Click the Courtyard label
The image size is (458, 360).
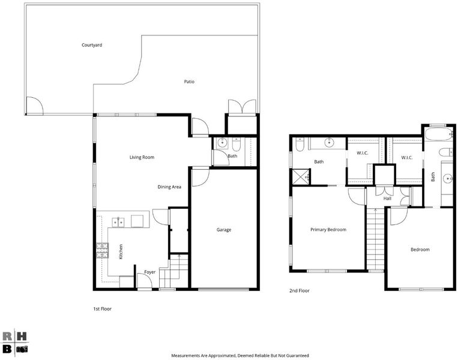[x=92, y=45]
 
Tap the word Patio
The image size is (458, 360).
[x=189, y=82]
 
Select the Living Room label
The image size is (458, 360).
[x=142, y=157]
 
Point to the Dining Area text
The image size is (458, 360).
[x=169, y=187]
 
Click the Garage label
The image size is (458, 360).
[x=224, y=230]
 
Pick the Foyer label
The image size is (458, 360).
[x=150, y=272]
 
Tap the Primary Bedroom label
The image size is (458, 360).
[x=328, y=229]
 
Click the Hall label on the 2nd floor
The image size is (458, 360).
[x=387, y=199]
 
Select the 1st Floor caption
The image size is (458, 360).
[x=102, y=308]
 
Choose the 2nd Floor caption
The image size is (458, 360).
[x=299, y=290]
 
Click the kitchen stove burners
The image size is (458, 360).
[x=102, y=251]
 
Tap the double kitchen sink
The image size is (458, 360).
[x=118, y=223]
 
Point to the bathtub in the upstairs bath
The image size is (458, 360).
[x=438, y=134]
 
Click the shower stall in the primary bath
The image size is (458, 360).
[x=301, y=176]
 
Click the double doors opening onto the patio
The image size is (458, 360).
[x=242, y=106]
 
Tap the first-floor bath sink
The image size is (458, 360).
[x=223, y=143]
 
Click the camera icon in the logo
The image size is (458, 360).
[x=22, y=349]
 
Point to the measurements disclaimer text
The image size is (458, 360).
[x=240, y=356]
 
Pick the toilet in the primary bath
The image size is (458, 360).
[x=300, y=144]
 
